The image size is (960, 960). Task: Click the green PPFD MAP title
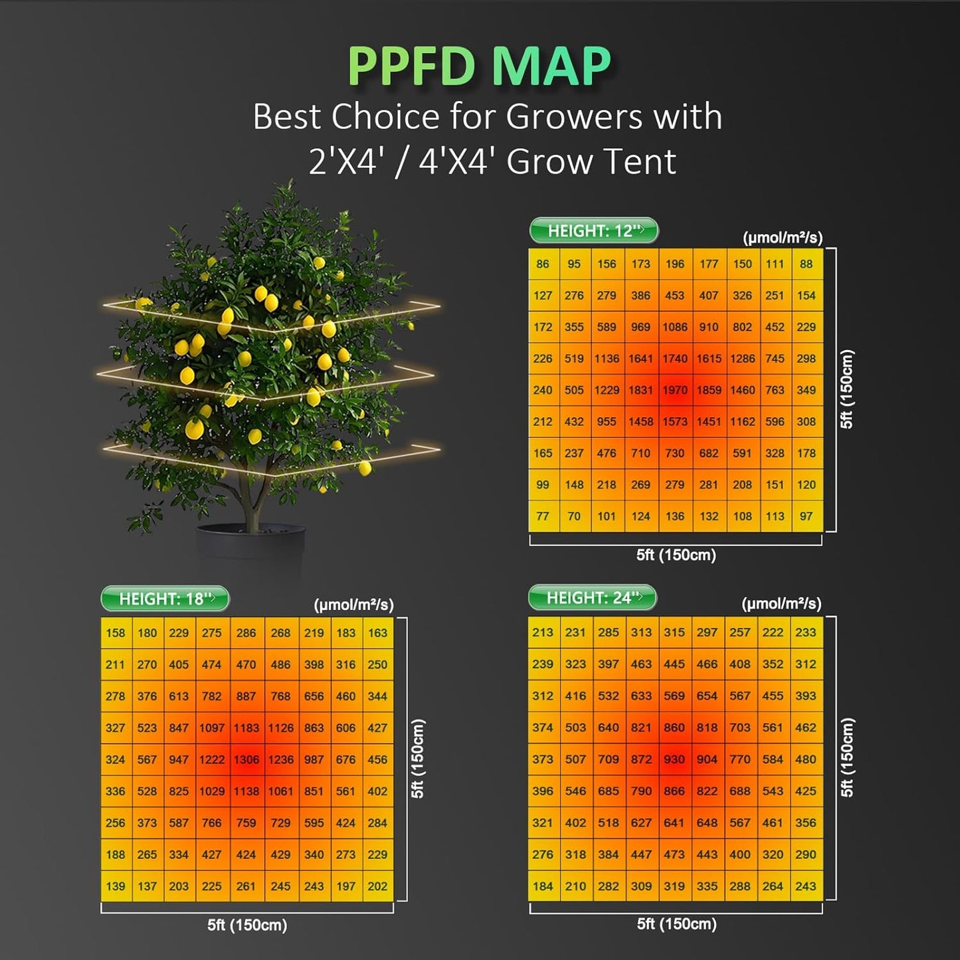coord(479,66)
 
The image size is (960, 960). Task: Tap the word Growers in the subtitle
coord(574,117)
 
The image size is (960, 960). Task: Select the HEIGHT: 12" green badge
coord(593,231)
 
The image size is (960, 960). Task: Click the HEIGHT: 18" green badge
coord(165,599)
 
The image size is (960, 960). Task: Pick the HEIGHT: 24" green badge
coord(592,597)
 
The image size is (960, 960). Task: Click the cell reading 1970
coord(675,390)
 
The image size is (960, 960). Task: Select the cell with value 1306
coord(246,759)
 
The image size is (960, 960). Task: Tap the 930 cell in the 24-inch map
coord(674,759)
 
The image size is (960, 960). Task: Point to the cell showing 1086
coord(675,327)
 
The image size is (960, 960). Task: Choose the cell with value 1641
coord(640,359)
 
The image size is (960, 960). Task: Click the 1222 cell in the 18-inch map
coord(212,759)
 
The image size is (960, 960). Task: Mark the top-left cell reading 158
coord(116,633)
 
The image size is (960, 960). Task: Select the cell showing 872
coord(641,759)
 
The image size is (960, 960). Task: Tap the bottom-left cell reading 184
coord(543,886)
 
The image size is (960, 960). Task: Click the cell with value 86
coord(543,264)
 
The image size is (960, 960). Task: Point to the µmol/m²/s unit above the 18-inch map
coord(353,605)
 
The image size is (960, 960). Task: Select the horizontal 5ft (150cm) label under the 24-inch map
coord(676,923)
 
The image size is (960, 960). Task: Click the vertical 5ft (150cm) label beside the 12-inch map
coord(846,389)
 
